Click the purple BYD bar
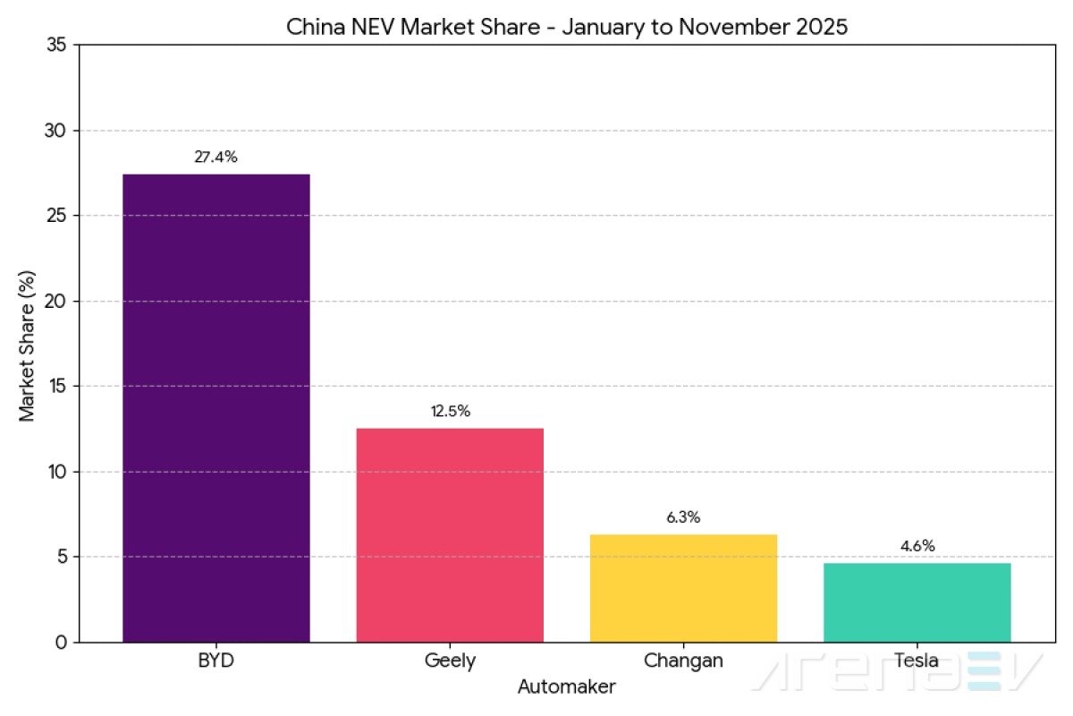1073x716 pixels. [216, 407]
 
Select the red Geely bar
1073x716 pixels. [450, 534]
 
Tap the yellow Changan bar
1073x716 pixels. [683, 587]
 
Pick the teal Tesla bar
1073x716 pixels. [917, 601]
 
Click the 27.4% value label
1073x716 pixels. [216, 158]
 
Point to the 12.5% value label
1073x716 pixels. [450, 412]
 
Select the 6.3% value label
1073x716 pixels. [683, 517]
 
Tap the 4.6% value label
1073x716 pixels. [917, 546]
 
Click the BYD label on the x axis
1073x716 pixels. [216, 662]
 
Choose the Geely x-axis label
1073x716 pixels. [450, 662]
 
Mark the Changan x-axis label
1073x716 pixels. [683, 662]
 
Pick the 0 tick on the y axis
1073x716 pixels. [61, 643]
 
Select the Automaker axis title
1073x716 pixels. [566, 687]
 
